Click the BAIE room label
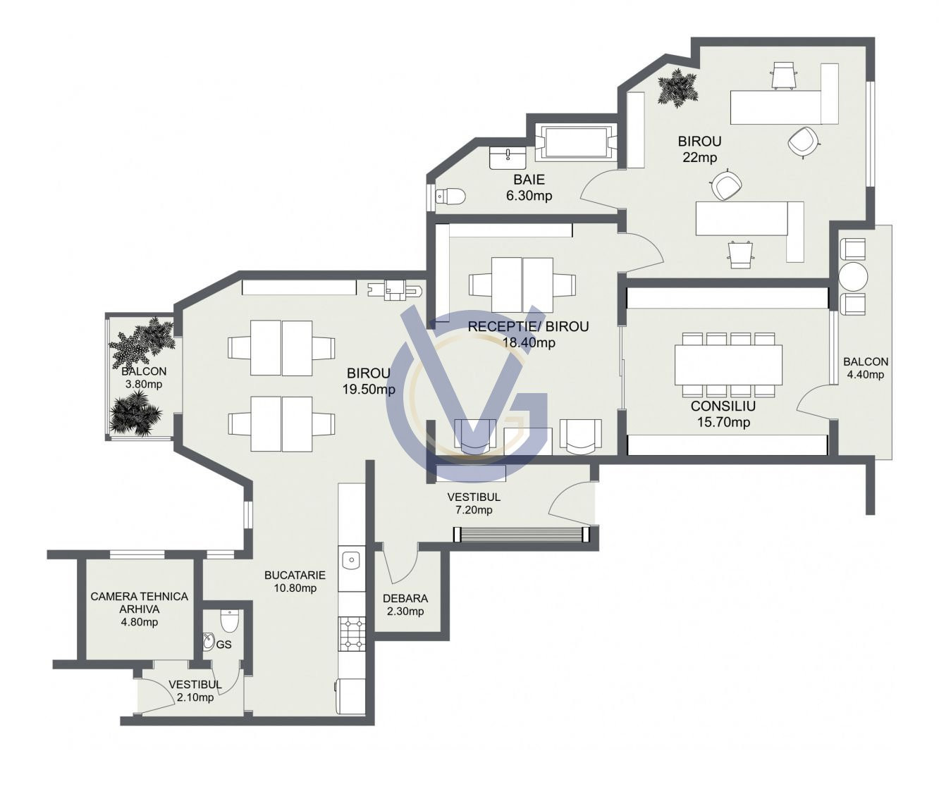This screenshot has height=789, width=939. coord(529,180)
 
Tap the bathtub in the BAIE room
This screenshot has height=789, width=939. coord(577,142)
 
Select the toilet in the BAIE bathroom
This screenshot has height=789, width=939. coord(450,196)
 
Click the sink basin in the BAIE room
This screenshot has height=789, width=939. coord(508,158)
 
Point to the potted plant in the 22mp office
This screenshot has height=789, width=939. coord(677,88)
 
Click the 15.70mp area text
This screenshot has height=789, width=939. coord(723,423)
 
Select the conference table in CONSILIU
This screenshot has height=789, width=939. coord(728,365)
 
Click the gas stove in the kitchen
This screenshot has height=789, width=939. coord(352,634)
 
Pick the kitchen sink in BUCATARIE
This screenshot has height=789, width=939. coord(351,560)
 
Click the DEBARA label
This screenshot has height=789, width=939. coord(405,599)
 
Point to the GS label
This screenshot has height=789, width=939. coord(224,645)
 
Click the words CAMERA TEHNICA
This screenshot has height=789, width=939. coord(140,596)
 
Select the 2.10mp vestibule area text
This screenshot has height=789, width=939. coord(195,697)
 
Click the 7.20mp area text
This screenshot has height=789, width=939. coord(474,510)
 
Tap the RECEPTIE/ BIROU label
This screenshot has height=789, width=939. coord(529,327)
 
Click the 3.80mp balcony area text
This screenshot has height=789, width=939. coord(144,384)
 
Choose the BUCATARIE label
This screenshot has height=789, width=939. coord(295,575)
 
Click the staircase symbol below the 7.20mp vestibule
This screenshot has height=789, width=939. coord(521,535)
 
